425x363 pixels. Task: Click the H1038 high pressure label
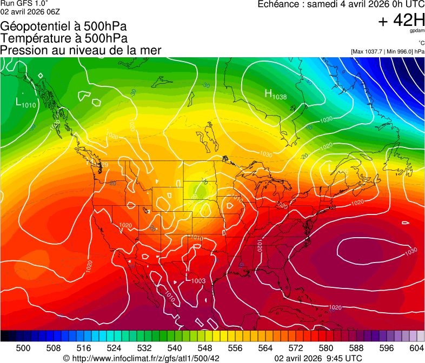click(x=276, y=95)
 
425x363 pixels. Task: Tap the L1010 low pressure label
click(x=26, y=103)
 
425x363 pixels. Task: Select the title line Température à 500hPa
click(x=64, y=38)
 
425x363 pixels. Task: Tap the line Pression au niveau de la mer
click(x=81, y=50)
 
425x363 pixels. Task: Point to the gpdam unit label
click(x=417, y=31)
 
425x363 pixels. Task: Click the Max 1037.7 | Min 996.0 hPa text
click(x=388, y=51)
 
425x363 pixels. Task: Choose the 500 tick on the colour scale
click(x=23, y=348)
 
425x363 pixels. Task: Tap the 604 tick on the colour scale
click(x=416, y=348)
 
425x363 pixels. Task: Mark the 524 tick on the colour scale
click(x=114, y=348)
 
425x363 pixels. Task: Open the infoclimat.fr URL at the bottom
click(x=142, y=358)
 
